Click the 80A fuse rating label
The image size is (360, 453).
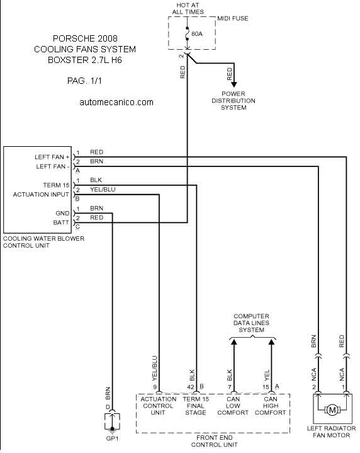197,34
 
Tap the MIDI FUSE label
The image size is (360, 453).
233,18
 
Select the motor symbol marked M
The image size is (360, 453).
332,410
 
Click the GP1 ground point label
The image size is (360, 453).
112,439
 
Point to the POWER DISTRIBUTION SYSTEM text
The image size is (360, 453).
233,101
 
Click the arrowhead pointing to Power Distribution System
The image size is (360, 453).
234,84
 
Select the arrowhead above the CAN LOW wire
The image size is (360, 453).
234,342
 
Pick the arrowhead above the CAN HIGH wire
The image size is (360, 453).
271,342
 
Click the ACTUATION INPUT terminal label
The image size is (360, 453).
41,195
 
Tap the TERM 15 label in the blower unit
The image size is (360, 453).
56,185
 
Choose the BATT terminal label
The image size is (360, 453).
61,222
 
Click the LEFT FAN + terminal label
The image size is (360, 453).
52,157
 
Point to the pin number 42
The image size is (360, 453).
191,387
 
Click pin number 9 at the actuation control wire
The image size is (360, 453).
155,387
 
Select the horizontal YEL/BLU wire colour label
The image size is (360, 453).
103,189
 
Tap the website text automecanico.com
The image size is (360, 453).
116,102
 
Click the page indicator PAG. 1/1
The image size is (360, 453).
84,81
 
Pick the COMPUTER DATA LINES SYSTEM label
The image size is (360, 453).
252,323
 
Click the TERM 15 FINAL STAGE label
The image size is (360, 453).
196,406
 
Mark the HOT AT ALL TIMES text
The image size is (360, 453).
188,9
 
